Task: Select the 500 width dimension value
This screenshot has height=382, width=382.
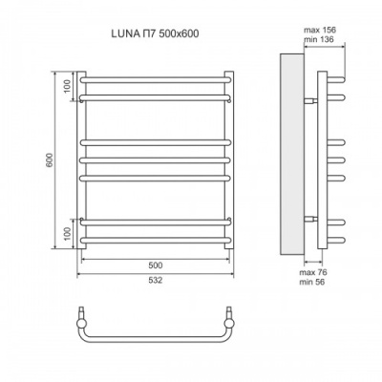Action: pyautogui.click(x=155, y=265)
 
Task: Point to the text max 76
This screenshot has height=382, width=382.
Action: pyautogui.click(x=327, y=273)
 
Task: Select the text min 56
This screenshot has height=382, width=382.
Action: pyautogui.click(x=327, y=284)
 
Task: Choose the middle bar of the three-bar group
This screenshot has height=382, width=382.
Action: pyautogui.click(x=155, y=159)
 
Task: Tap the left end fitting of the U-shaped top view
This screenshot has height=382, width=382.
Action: pyautogui.click(x=84, y=315)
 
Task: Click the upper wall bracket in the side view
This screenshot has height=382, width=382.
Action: pyautogui.click(x=310, y=98)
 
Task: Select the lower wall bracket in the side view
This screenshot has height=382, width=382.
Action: pyautogui.click(x=310, y=220)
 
